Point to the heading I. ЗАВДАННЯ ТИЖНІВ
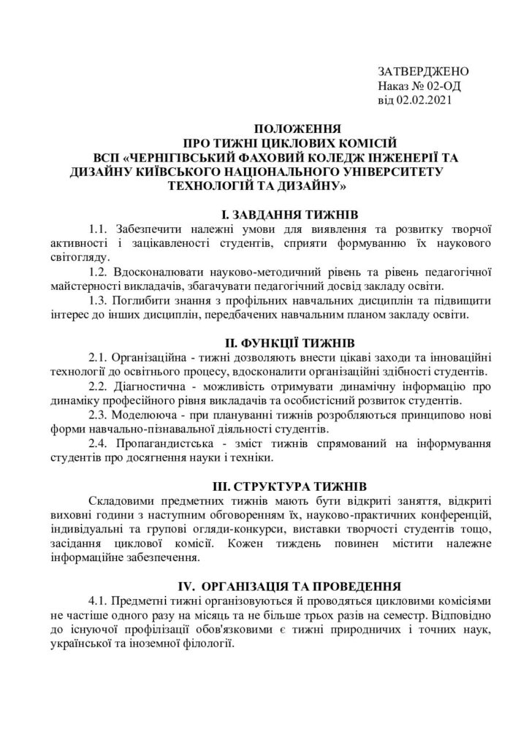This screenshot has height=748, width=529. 289,214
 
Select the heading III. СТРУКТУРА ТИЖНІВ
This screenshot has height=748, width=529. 289,486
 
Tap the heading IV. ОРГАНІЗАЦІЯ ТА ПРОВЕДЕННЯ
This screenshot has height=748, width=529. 289,586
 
